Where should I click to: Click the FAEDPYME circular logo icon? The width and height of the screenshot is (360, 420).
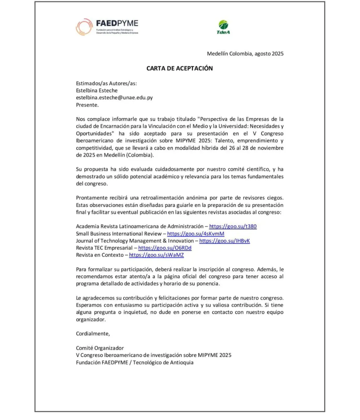coord(84,27)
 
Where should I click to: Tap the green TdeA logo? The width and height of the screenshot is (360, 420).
coord(223,27)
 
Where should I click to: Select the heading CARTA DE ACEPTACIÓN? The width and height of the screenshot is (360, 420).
coord(180,68)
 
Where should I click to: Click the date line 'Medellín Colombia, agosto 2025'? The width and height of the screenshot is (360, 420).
coord(245,54)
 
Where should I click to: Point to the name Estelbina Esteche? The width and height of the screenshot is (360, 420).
coord(97,91)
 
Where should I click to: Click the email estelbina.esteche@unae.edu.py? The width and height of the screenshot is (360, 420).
coord(114,98)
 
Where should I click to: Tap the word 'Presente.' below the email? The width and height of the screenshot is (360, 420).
coord(87,105)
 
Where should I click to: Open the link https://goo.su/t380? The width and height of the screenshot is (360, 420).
coord(233,226)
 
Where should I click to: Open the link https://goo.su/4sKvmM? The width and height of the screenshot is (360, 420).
coord(196,234)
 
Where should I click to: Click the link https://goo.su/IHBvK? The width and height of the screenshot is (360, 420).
coord(224,241)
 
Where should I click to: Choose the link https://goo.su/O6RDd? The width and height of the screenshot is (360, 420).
coord(165,248)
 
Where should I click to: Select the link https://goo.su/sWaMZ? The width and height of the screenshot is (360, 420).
coord(156,255)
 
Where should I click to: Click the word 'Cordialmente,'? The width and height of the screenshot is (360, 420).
coord(93,334)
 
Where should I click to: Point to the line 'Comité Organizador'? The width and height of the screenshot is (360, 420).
coord(100,348)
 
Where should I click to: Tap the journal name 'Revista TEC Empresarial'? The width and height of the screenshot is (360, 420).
coord(104,248)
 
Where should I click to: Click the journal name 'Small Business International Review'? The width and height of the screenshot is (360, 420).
coord(118,234)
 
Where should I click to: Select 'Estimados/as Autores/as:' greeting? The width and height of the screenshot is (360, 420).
coord(106,83)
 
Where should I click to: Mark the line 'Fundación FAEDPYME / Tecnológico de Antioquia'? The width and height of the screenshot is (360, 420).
coord(135,362)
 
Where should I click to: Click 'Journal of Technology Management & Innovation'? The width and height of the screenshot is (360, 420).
coord(135,241)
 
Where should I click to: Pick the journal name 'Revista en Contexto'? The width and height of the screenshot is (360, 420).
coord(100,255)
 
